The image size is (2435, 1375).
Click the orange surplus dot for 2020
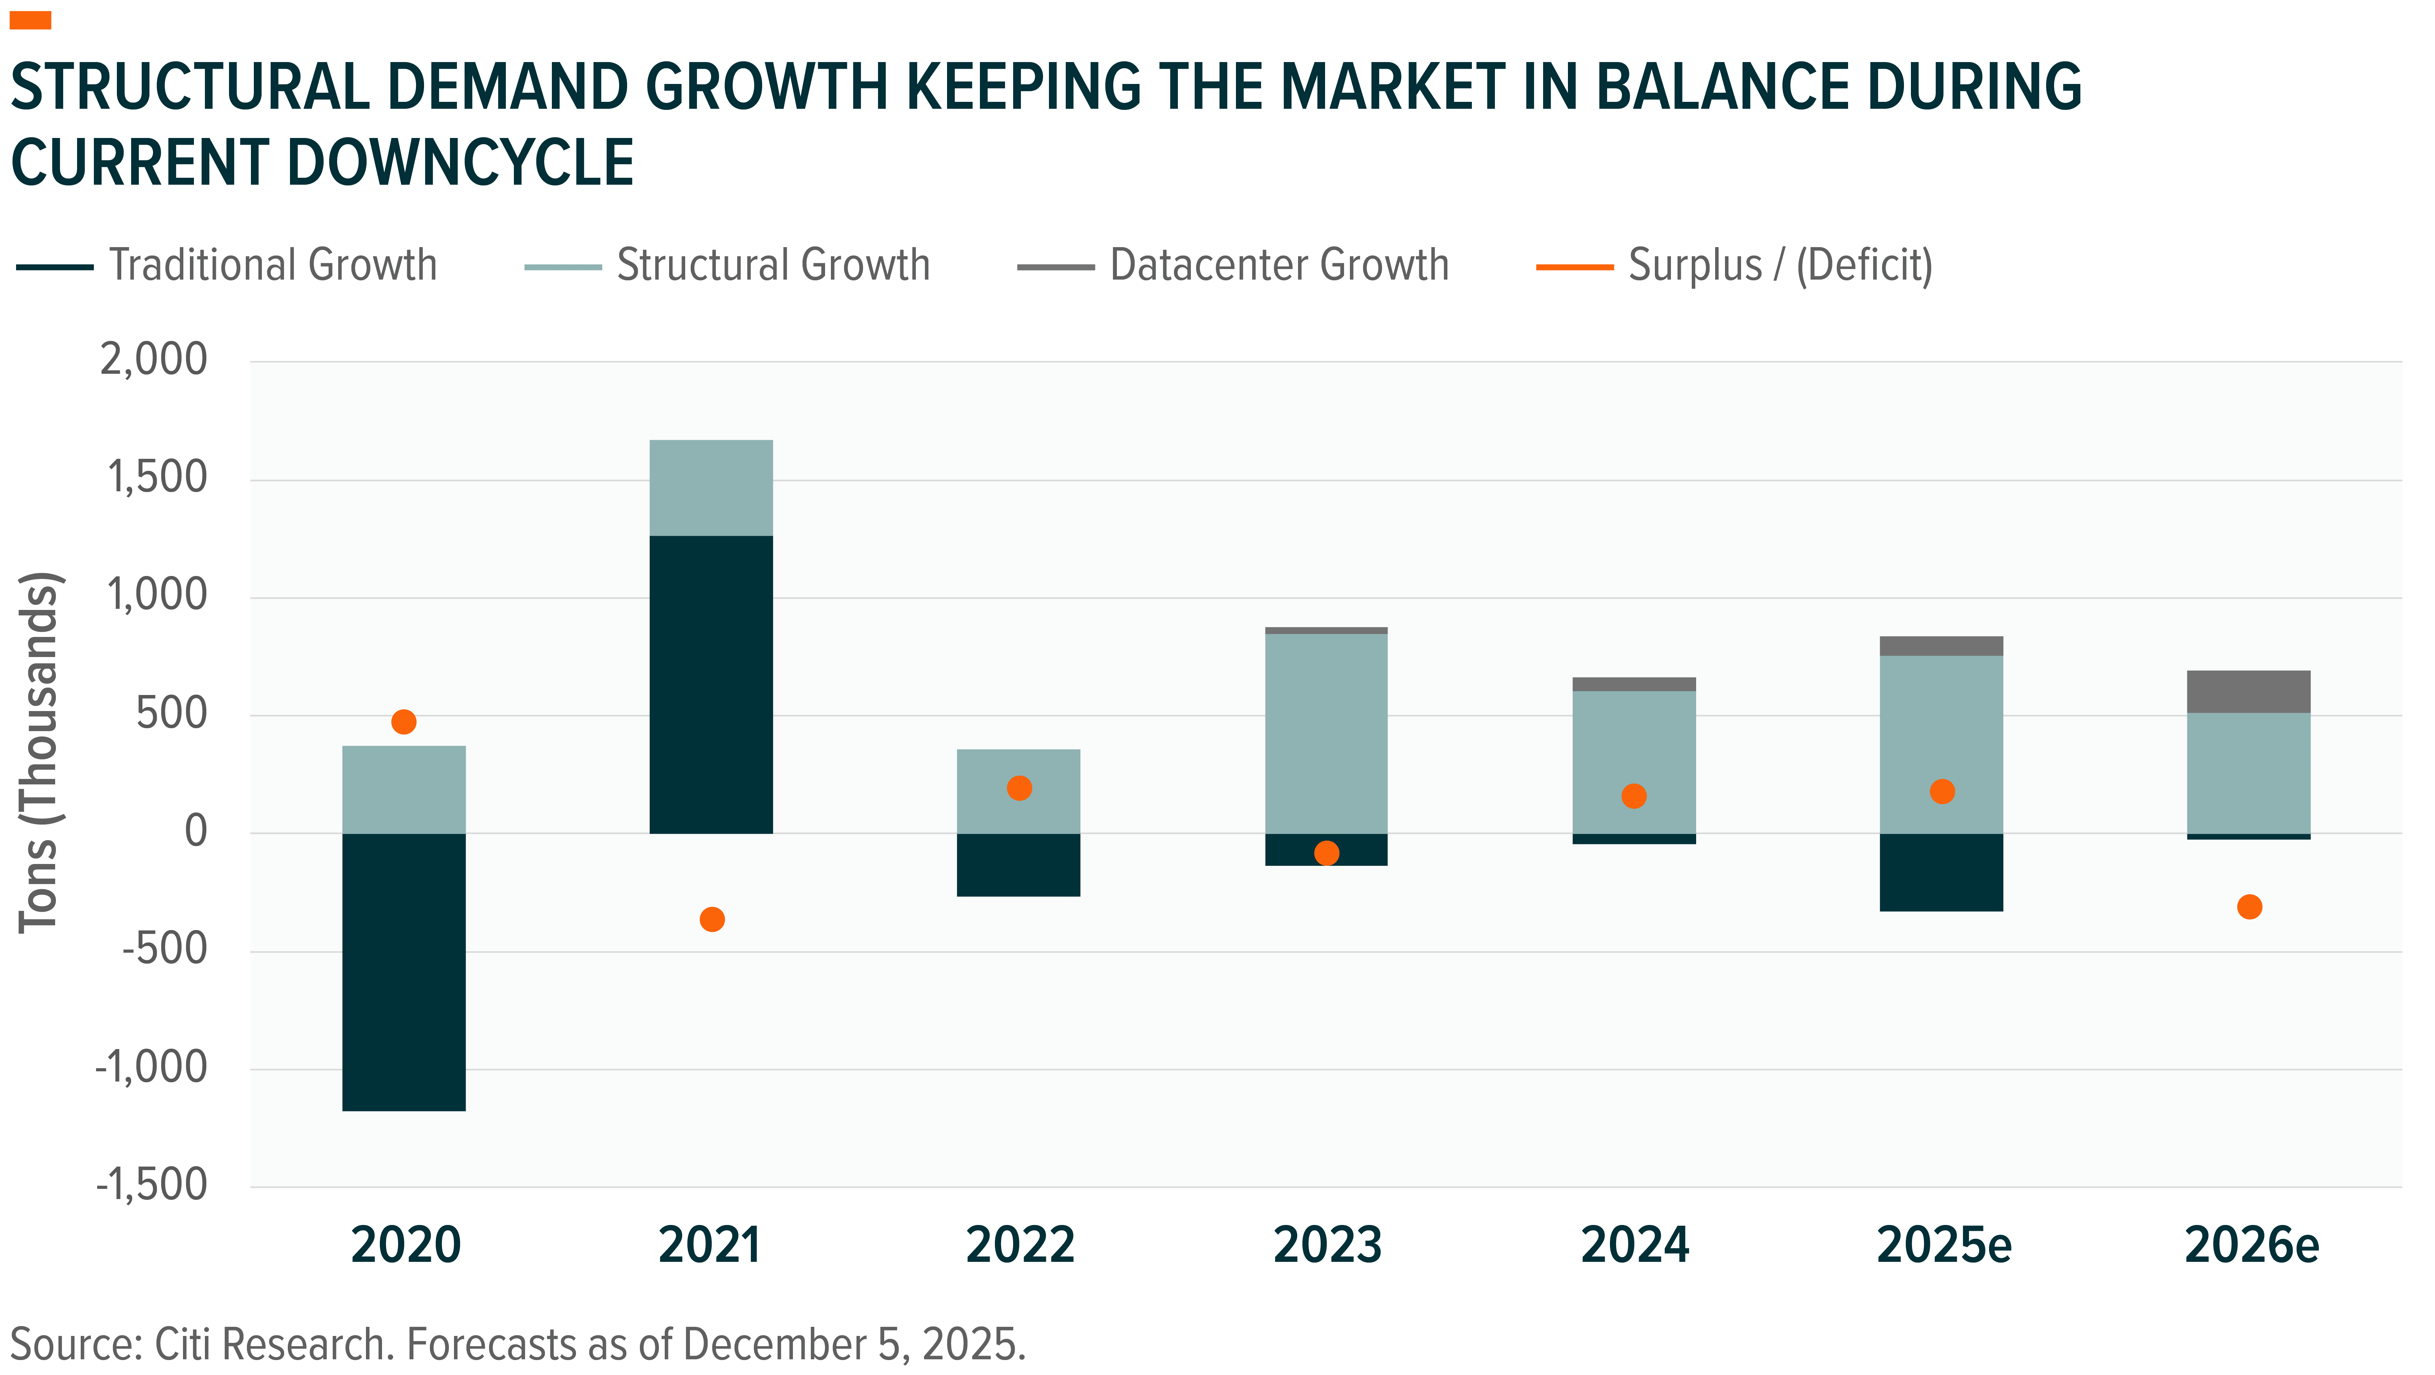point(404,722)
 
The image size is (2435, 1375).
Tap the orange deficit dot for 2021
point(712,919)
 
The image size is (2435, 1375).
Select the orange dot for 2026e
point(2250,907)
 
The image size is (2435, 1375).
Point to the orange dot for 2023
point(1327,853)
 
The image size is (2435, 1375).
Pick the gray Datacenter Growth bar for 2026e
point(2249,692)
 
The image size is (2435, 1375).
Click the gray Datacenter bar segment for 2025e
point(1942,645)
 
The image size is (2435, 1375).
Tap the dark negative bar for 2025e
point(1942,872)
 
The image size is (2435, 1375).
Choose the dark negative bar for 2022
point(1018,865)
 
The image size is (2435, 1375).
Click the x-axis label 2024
point(1634,1245)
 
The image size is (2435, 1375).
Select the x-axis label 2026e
point(2252,1245)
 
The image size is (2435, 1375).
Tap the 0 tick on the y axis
point(195,831)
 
